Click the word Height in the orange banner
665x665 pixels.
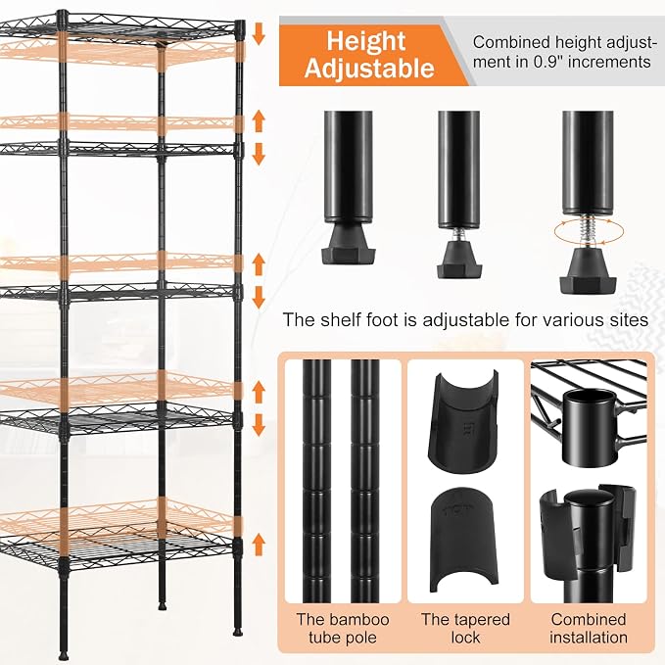pyautogui.click(x=366, y=41)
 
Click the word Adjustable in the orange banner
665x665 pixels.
pyautogui.click(x=369, y=68)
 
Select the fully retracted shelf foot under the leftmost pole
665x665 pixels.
pyautogui.click(x=349, y=244)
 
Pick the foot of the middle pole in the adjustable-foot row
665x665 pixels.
pyautogui.click(x=459, y=260)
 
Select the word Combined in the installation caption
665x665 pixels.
pyautogui.click(x=589, y=619)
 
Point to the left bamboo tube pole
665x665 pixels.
pyautogui.click(x=316, y=481)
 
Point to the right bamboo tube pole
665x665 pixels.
pyautogui.click(x=364, y=481)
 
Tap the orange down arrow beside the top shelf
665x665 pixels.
pyautogui.click(x=259, y=33)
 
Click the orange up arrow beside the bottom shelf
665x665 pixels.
pyautogui.click(x=259, y=545)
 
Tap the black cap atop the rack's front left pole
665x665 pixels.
pyautogui.click(x=62, y=18)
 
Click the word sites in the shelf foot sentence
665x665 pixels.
pyautogui.click(x=630, y=319)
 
